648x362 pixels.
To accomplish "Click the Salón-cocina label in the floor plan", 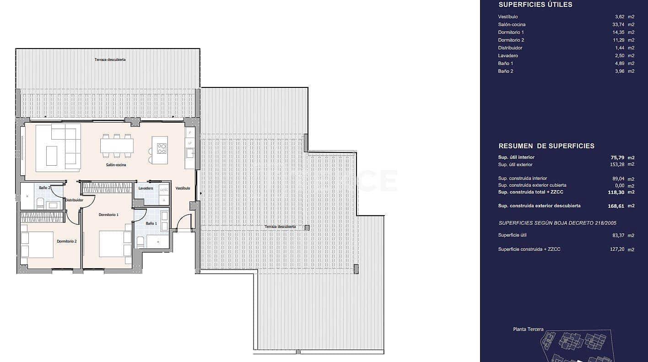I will tap(116, 165).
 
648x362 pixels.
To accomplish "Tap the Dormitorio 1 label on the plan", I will tap(108, 215).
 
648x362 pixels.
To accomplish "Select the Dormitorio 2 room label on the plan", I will tap(67, 241).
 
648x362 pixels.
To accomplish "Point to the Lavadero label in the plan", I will tap(146, 188).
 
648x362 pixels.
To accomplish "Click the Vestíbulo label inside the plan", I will tap(183, 188).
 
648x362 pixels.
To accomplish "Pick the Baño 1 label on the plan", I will tap(151, 223).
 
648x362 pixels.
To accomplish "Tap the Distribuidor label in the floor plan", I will tap(74, 200).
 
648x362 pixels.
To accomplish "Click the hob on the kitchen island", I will tap(162, 148).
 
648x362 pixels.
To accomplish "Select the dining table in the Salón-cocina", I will tap(117, 146).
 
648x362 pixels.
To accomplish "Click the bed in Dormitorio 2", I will tap(38, 245).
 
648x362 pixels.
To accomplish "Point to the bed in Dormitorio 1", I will tap(115, 243).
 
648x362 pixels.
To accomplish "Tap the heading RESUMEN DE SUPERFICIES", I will tap(546, 146).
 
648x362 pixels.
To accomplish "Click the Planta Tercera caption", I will tap(528, 329).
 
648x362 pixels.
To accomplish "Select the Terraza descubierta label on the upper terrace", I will tap(110, 59).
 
